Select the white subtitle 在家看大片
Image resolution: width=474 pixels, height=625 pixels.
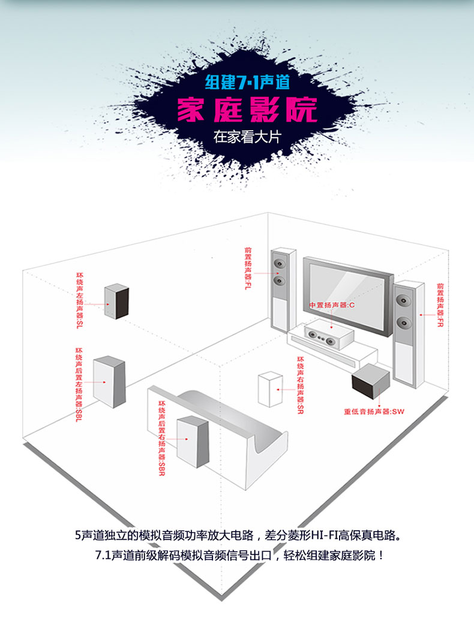(247, 136)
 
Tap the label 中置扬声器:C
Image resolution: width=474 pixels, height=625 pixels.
(332, 306)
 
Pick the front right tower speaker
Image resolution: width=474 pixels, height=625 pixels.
(408, 333)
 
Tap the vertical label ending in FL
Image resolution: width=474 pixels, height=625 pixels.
(247, 269)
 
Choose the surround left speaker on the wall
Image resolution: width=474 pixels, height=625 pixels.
(116, 301)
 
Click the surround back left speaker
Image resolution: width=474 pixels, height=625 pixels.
(109, 381)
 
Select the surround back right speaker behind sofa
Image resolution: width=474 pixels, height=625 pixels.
(193, 441)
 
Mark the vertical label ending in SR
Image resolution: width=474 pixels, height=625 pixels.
(300, 385)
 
